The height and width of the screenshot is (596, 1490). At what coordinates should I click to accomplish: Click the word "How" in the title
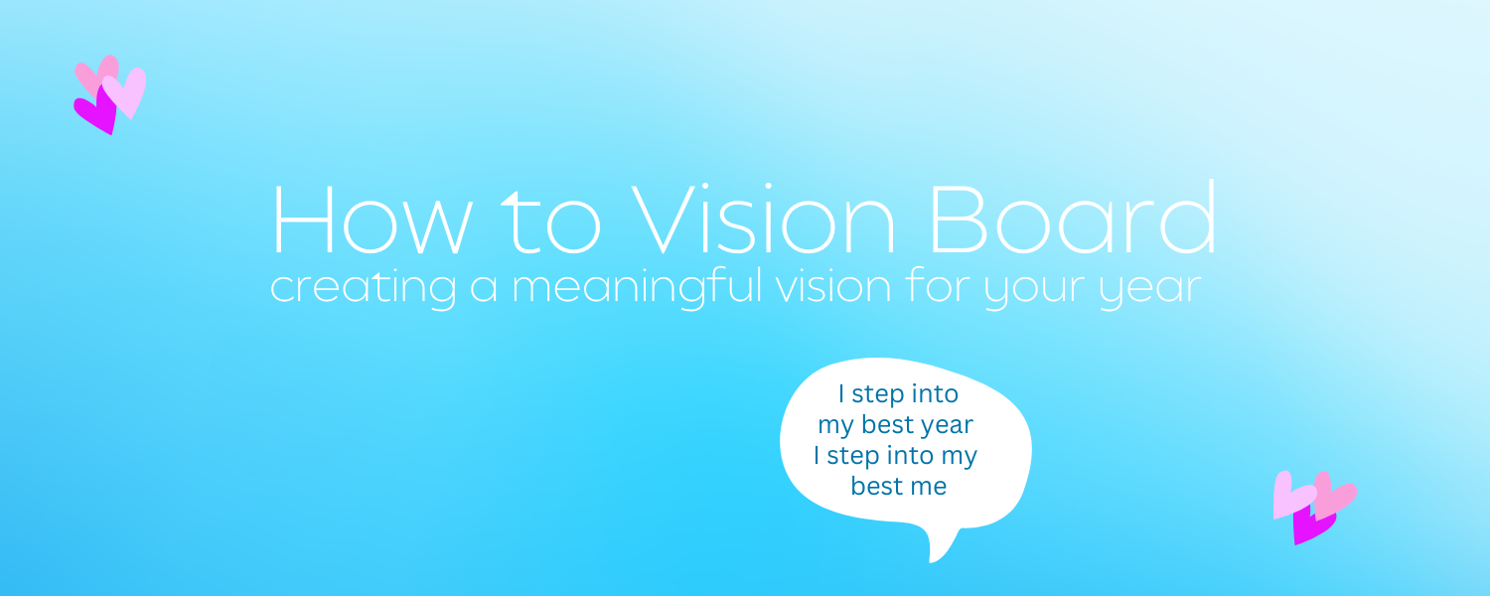pyautogui.click(x=372, y=220)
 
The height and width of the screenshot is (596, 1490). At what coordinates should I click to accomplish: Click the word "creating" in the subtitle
pyautogui.click(x=364, y=289)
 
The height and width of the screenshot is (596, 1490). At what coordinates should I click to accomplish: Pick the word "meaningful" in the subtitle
pyautogui.click(x=637, y=287)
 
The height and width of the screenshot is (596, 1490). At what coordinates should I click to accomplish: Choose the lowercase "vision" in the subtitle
pyautogui.click(x=833, y=287)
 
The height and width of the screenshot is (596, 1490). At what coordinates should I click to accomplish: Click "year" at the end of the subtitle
pyautogui.click(x=1150, y=291)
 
